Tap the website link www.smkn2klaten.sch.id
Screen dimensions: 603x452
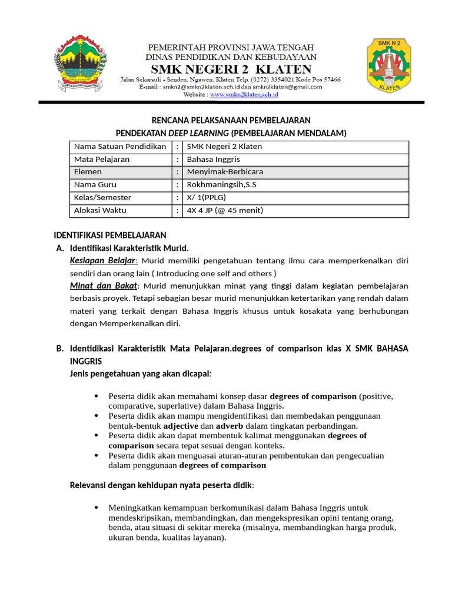coord(244,94)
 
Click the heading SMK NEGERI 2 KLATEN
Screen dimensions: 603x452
coord(231,68)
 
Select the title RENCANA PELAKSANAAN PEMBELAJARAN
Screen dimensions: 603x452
coord(231,120)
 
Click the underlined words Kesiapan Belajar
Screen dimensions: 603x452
coord(103,260)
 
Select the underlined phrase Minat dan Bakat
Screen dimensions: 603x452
coord(103,286)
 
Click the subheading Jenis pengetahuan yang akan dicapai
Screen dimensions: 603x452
coord(141,373)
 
